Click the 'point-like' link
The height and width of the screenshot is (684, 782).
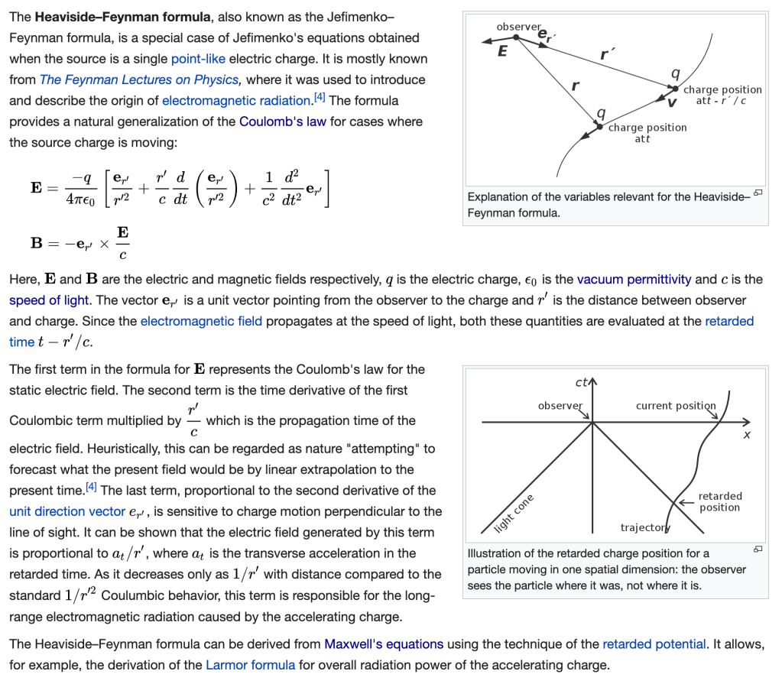[x=198, y=59]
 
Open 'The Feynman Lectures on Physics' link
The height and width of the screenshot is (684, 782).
[x=139, y=79]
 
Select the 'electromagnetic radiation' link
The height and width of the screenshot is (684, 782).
[x=236, y=101]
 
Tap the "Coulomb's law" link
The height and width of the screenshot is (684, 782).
[x=283, y=122]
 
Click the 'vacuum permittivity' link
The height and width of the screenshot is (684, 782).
[x=634, y=279]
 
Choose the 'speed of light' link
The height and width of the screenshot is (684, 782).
[x=49, y=300]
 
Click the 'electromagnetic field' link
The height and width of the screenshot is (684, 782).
[x=201, y=321]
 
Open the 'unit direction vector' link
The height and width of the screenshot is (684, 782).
[x=67, y=511]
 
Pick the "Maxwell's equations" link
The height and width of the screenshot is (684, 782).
[x=384, y=644]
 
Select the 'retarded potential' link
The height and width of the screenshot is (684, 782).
[x=654, y=644]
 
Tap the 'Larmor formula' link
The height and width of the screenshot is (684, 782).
[x=251, y=665]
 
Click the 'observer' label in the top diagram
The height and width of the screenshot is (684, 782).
[x=518, y=27]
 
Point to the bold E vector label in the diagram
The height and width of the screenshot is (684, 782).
[x=503, y=51]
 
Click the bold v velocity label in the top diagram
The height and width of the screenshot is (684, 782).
[x=672, y=103]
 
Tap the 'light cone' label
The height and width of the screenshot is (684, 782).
[x=514, y=514]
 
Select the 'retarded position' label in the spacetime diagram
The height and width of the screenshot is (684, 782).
[x=719, y=501]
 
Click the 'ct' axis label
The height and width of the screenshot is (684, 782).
[x=581, y=382]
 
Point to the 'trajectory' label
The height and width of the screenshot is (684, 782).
[x=645, y=527]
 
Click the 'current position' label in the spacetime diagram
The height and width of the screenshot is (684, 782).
[x=676, y=406]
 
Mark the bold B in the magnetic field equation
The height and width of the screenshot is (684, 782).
[x=37, y=243]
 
